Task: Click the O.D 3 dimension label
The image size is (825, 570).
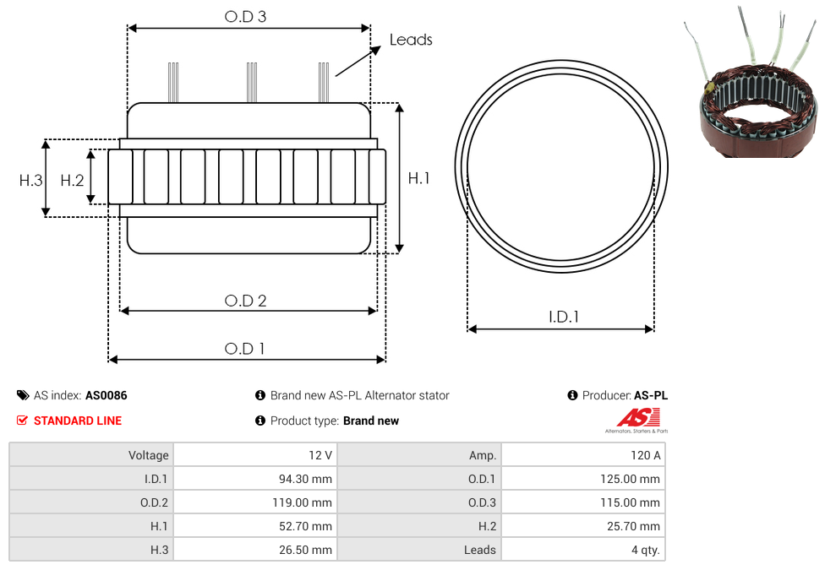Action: click(x=245, y=17)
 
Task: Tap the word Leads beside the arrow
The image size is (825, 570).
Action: click(x=411, y=40)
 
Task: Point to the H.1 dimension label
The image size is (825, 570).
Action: click(x=418, y=179)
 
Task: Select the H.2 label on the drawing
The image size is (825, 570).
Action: click(x=72, y=181)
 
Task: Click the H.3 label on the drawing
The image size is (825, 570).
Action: click(x=30, y=181)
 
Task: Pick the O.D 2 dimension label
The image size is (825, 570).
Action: click(x=245, y=301)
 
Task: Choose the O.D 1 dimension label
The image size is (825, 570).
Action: click(x=244, y=349)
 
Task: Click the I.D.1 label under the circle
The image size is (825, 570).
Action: click(x=564, y=317)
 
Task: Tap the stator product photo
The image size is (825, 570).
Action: click(x=752, y=84)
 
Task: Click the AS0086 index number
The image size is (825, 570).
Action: click(x=107, y=395)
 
